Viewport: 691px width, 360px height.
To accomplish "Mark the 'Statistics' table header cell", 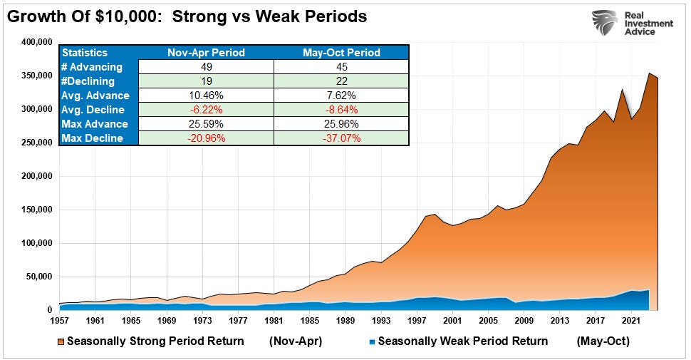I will [85, 52].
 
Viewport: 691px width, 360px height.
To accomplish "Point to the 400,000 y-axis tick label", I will [36, 43].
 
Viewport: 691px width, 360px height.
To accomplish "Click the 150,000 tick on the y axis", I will [36, 210].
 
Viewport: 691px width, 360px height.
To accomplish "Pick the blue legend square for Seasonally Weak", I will [370, 341].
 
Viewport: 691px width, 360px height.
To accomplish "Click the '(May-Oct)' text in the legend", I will [603, 341].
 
